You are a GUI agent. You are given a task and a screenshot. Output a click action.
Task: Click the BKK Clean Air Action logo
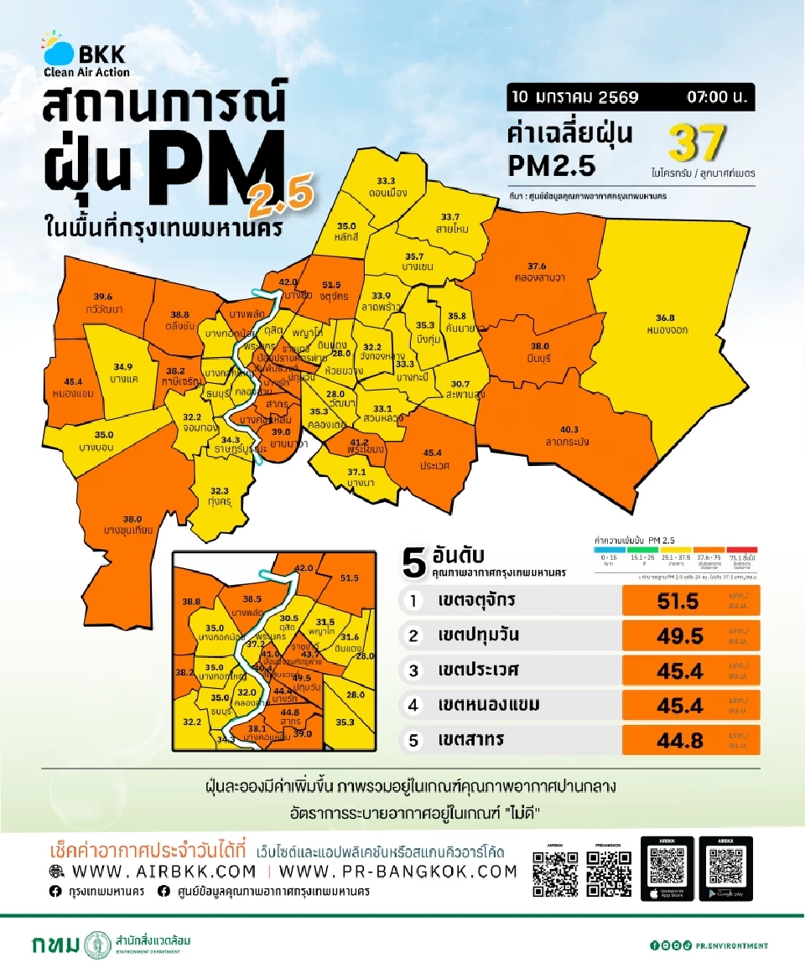[x=87, y=55]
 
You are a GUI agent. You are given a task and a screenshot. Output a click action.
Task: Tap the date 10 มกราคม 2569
[x=574, y=97]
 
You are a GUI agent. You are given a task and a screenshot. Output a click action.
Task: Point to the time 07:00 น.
[x=715, y=97]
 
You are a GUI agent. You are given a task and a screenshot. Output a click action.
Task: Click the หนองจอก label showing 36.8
[x=671, y=323]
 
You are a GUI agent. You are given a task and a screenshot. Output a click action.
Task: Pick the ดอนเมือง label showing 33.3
[x=387, y=186]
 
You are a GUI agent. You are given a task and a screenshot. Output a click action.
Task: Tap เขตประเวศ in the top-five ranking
[x=478, y=670]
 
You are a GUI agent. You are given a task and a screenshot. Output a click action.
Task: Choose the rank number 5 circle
[x=413, y=740]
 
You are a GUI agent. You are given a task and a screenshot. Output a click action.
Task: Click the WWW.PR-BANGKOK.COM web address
[x=404, y=872]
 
